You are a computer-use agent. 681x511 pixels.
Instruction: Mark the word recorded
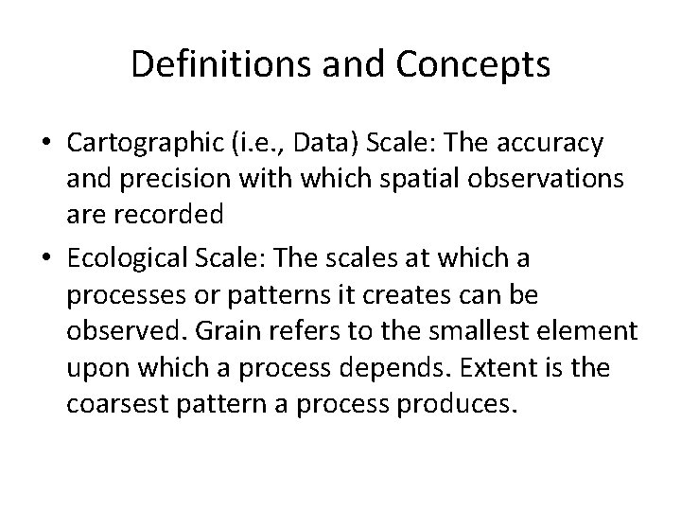point(164,214)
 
